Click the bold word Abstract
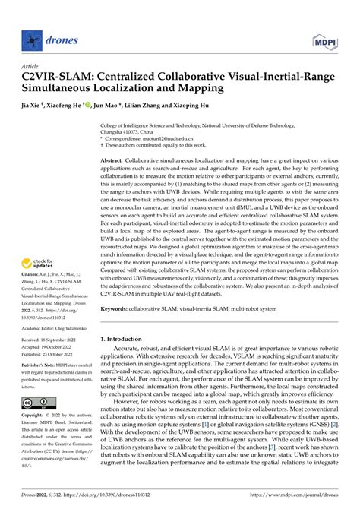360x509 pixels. (112, 162)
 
